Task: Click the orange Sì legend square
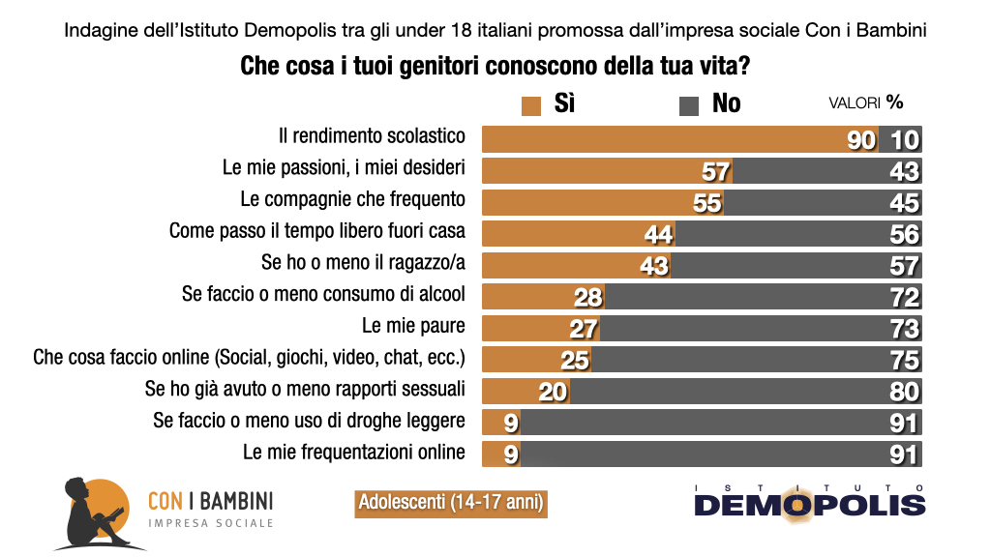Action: tap(530, 104)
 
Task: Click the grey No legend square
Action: tap(689, 104)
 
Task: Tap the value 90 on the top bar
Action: tap(860, 139)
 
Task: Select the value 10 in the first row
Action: tap(904, 139)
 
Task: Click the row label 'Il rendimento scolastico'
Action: tap(373, 136)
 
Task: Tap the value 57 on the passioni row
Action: tap(716, 171)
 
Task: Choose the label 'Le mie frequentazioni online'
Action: tap(354, 452)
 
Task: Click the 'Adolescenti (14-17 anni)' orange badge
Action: tap(450, 503)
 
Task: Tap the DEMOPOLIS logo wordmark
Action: tap(809, 504)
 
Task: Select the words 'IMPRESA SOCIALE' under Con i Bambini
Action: tap(210, 523)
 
